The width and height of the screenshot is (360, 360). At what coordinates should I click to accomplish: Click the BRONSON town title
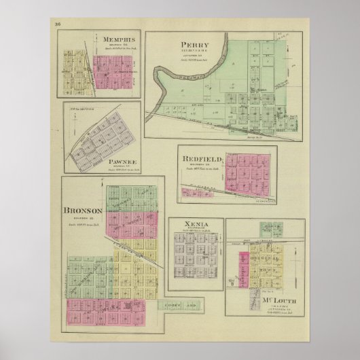83,210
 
